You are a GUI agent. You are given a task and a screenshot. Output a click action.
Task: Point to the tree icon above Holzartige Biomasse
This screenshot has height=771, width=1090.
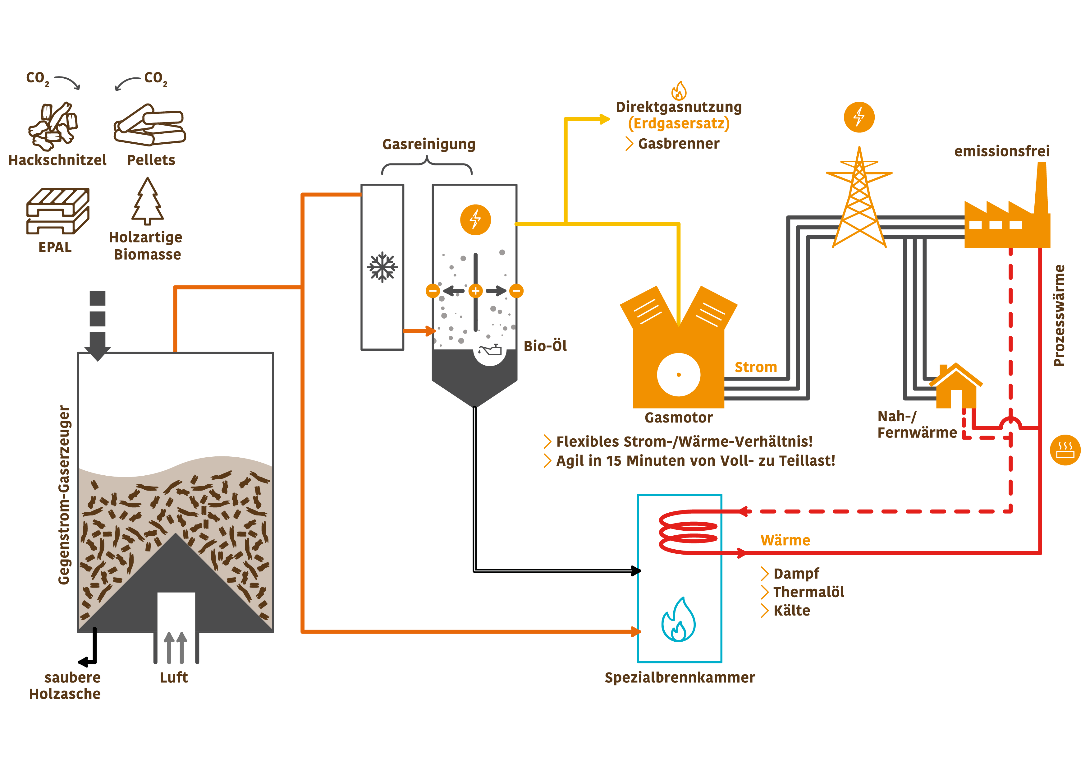[148, 201]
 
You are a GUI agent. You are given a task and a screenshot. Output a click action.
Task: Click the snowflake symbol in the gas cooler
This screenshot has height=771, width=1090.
[382, 267]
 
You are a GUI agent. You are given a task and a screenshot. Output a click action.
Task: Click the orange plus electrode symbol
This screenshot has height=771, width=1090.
[475, 291]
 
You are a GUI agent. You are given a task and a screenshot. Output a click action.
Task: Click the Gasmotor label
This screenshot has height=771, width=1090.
[678, 418]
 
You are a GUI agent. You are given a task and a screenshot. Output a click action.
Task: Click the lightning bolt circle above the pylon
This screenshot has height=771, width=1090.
[859, 117]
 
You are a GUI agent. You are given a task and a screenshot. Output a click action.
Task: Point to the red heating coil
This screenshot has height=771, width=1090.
[688, 532]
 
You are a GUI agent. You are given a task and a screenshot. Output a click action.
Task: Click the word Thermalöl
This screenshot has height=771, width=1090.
[808, 592]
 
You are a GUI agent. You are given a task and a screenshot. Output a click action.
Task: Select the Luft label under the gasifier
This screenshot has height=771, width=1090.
[174, 677]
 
